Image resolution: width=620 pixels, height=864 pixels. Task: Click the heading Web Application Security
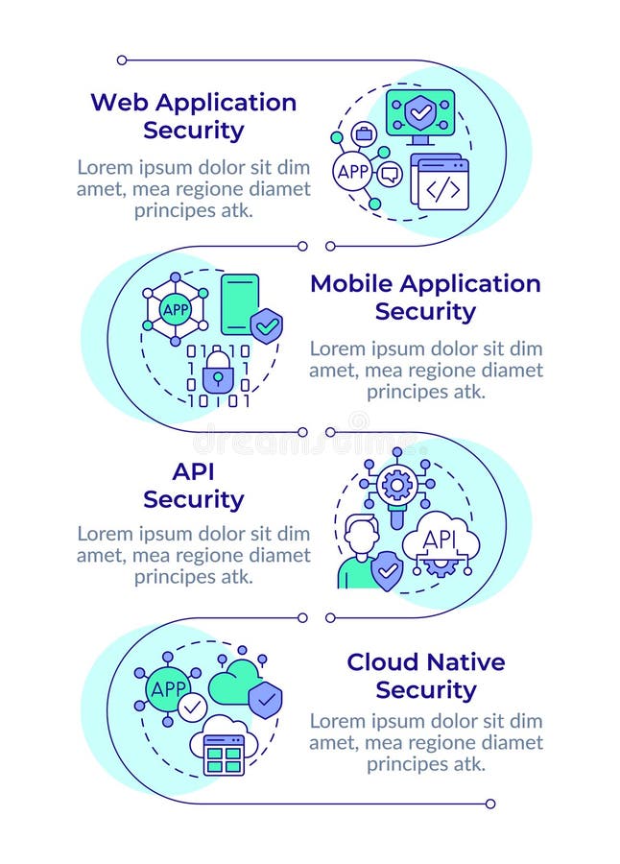point(193,115)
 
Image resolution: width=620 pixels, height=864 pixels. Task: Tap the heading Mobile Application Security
point(425,297)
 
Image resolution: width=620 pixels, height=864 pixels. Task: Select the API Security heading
point(193,486)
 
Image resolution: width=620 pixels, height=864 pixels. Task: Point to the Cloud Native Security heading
point(425,675)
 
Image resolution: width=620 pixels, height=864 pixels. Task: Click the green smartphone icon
point(239,304)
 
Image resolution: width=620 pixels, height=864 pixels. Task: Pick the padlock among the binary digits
point(218,372)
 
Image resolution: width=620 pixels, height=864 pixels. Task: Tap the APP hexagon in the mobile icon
point(176,309)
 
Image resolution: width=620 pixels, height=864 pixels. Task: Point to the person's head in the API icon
point(361,531)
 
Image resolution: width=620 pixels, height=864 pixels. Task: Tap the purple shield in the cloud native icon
point(265,697)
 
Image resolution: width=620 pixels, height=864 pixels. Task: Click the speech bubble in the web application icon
point(389,174)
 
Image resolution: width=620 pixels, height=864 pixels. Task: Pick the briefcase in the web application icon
point(364,134)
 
